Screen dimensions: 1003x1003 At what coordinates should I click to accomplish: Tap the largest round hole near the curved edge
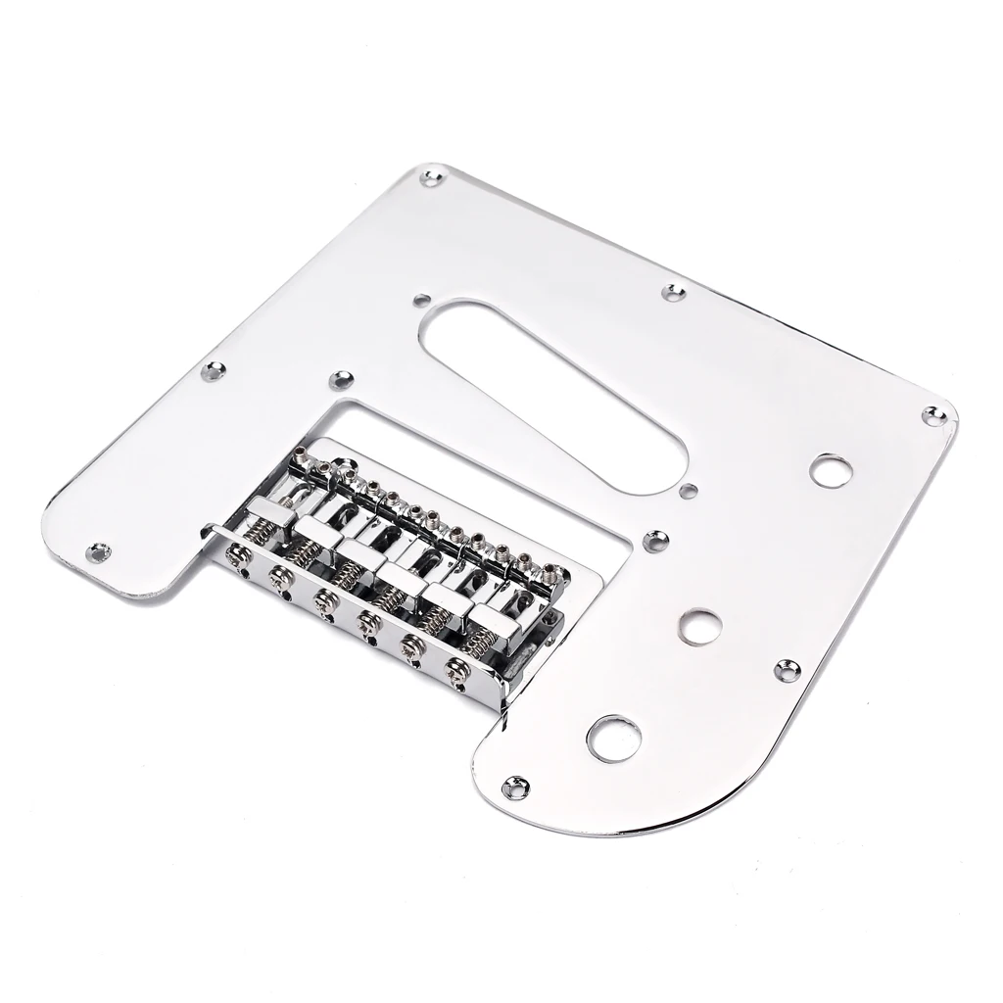pos(614,738)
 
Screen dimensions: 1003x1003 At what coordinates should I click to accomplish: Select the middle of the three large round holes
pos(699,626)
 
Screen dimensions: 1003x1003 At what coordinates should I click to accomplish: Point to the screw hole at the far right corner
pos(934,415)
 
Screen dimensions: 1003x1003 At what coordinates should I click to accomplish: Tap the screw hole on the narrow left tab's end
pos(98,552)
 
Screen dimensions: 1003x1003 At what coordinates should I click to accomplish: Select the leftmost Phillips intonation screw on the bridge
pos(235,554)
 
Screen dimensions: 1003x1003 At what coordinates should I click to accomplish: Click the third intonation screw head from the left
pos(322,597)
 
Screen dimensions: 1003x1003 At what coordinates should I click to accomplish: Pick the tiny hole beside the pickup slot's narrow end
pos(691,490)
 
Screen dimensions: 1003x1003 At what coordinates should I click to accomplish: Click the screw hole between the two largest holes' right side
pos(787,670)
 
